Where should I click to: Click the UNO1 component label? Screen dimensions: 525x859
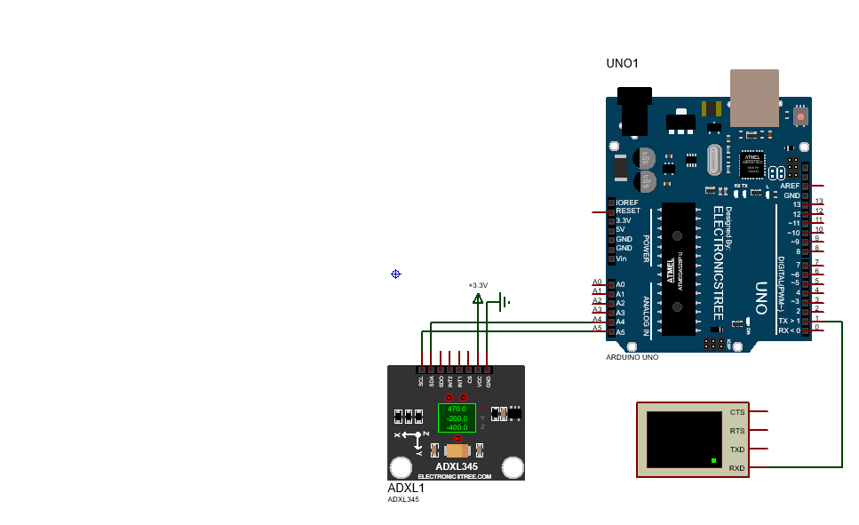pos(622,63)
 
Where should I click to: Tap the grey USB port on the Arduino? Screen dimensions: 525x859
pos(754,98)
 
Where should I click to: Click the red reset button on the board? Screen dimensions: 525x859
pos(800,116)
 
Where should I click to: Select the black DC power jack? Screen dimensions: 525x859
pos(634,110)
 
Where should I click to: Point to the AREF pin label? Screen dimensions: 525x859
pos(790,186)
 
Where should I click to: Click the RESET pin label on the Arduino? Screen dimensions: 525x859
pos(628,211)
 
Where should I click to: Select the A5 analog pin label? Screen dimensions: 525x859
pos(620,332)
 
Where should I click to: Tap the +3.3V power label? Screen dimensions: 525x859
pos(478,285)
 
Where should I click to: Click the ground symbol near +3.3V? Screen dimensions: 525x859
pos(504,302)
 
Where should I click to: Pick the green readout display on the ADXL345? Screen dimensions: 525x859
pos(457,417)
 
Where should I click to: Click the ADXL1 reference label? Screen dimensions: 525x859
pos(406,488)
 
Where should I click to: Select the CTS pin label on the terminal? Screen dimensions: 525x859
pos(737,412)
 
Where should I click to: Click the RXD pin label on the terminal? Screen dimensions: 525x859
pos(737,468)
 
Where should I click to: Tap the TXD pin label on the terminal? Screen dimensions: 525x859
pos(737,449)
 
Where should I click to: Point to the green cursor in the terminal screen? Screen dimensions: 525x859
pos(713,460)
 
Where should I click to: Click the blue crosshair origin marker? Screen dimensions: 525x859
pos(396,274)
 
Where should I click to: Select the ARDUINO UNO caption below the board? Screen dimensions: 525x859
pos(632,356)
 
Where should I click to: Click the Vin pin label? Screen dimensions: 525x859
pos(622,259)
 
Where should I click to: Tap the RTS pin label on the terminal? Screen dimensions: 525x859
pos(737,431)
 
